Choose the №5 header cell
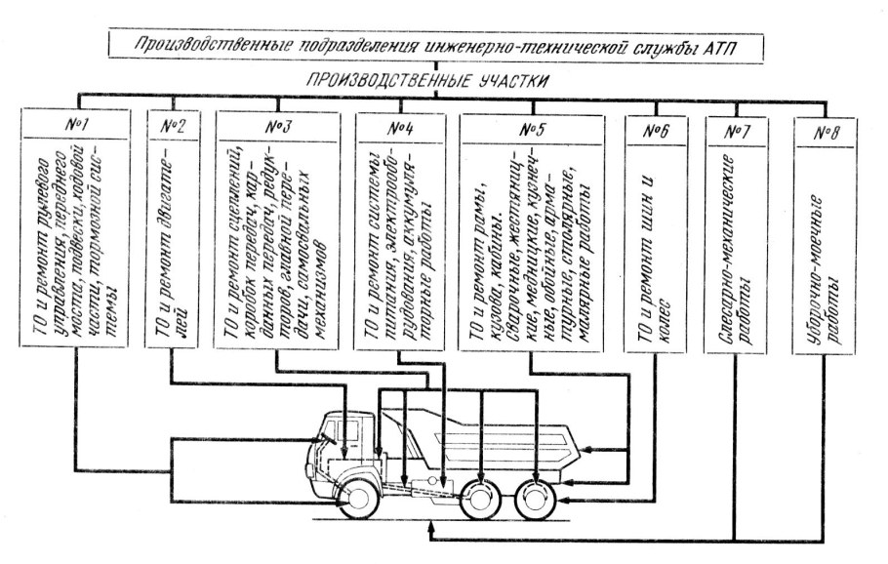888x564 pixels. pyautogui.click(x=530, y=127)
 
